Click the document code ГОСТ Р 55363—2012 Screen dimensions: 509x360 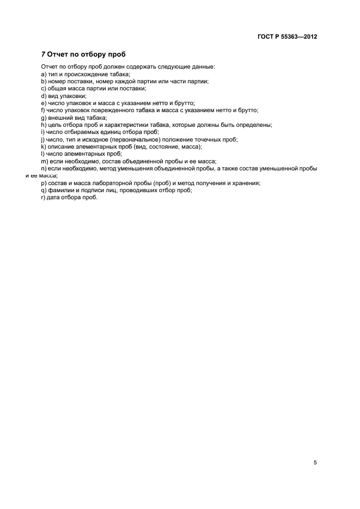pyautogui.click(x=288, y=37)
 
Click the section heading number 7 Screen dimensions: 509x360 pyautogui.click(x=44, y=54)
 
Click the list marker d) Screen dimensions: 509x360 pyautogui.click(x=44, y=95)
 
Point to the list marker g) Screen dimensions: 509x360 pyautogui.click(x=44, y=117)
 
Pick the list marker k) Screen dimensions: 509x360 pyautogui.click(x=44, y=146)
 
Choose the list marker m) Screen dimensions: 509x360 pyautogui.click(x=44, y=161)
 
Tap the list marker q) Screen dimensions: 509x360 pyautogui.click(x=44, y=191)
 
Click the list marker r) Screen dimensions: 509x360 pyautogui.click(x=43, y=198)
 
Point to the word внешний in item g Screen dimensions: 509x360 pyautogui.click(x=60, y=117)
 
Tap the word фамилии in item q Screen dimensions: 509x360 pyautogui.click(x=63, y=191)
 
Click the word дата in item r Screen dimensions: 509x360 pyautogui.click(x=54, y=198)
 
